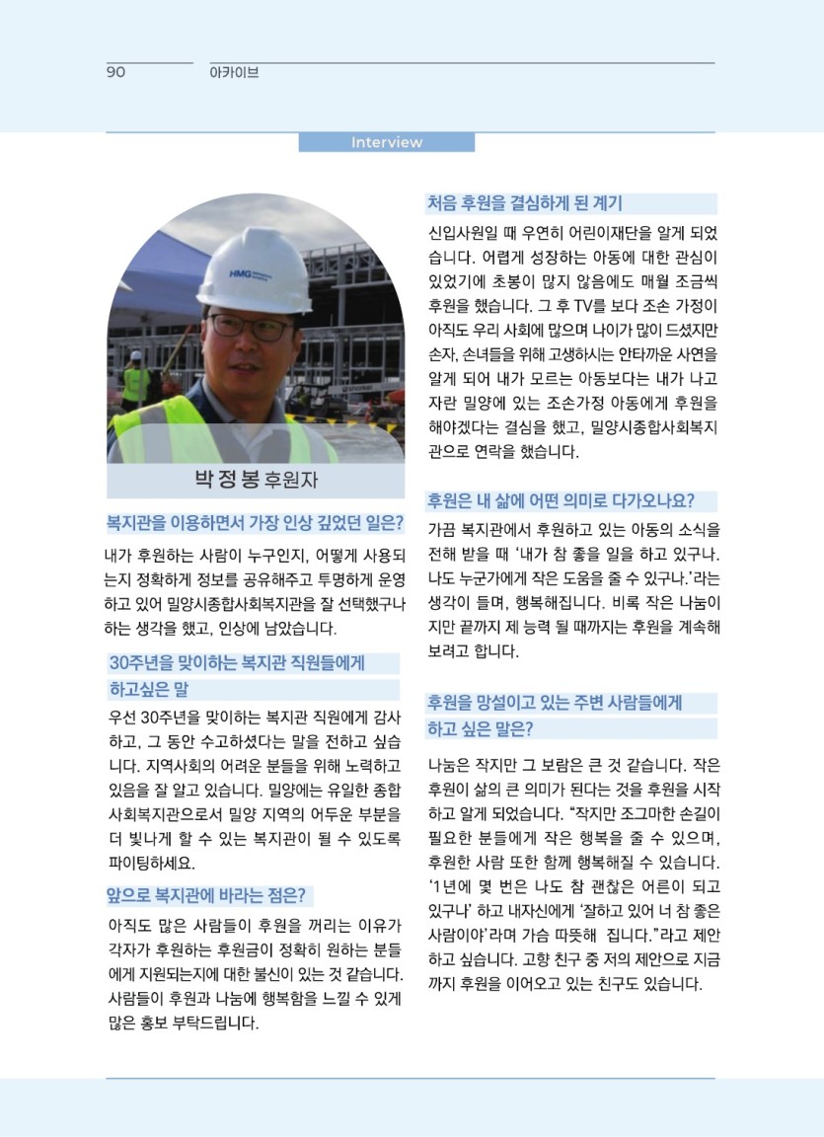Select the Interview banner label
click(386, 142)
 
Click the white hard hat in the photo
click(254, 267)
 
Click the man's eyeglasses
click(249, 327)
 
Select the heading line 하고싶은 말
click(149, 689)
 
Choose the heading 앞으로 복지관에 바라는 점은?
click(209, 896)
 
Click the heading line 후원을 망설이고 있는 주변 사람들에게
click(554, 704)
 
